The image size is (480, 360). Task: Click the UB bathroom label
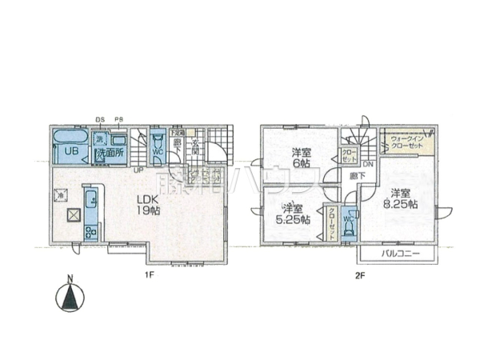tap(70, 152)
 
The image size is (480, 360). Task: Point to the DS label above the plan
tap(101, 120)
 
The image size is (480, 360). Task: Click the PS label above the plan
tap(118, 120)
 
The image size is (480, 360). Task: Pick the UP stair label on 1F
tap(138, 170)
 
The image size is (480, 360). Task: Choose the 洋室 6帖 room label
tap(300, 158)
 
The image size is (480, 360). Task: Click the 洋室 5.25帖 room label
tap(294, 214)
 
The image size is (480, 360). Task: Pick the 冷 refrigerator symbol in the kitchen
tap(60, 193)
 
